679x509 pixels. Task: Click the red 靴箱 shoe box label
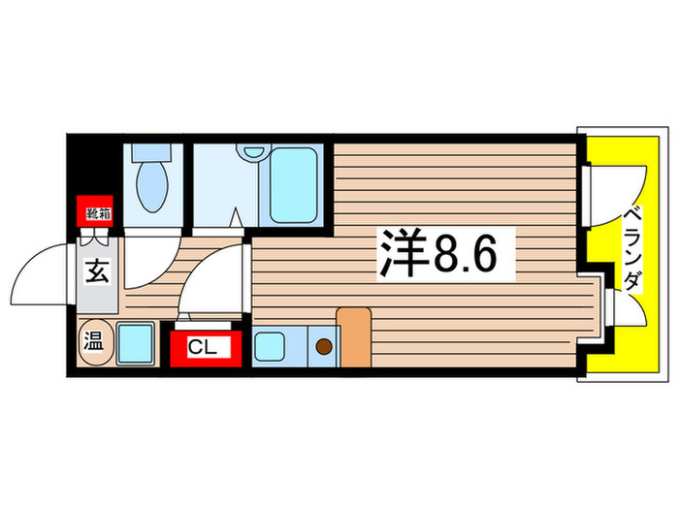pos(93,210)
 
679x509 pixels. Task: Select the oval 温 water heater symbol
pos(94,341)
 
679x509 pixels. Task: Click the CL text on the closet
pos(203,347)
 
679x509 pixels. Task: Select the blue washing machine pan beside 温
pos(135,343)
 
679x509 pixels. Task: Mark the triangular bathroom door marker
pos(235,218)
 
